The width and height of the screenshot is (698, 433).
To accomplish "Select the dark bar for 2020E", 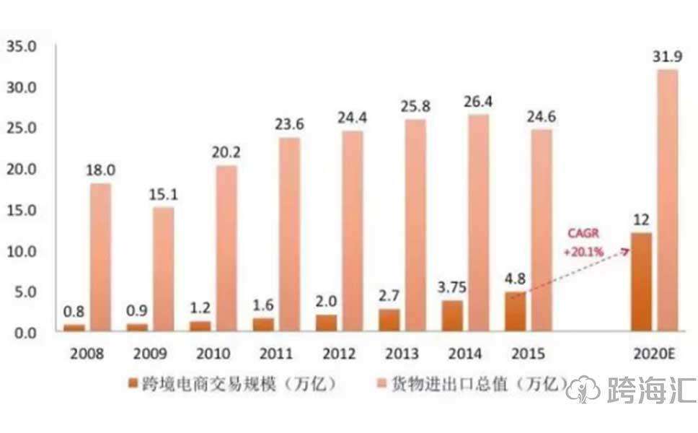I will pos(641,282).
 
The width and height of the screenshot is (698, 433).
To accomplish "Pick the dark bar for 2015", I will pos(515,312).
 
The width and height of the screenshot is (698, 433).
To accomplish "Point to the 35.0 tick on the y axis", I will pos(21,47).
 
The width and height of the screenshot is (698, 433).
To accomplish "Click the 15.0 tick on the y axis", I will pos(21,211).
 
